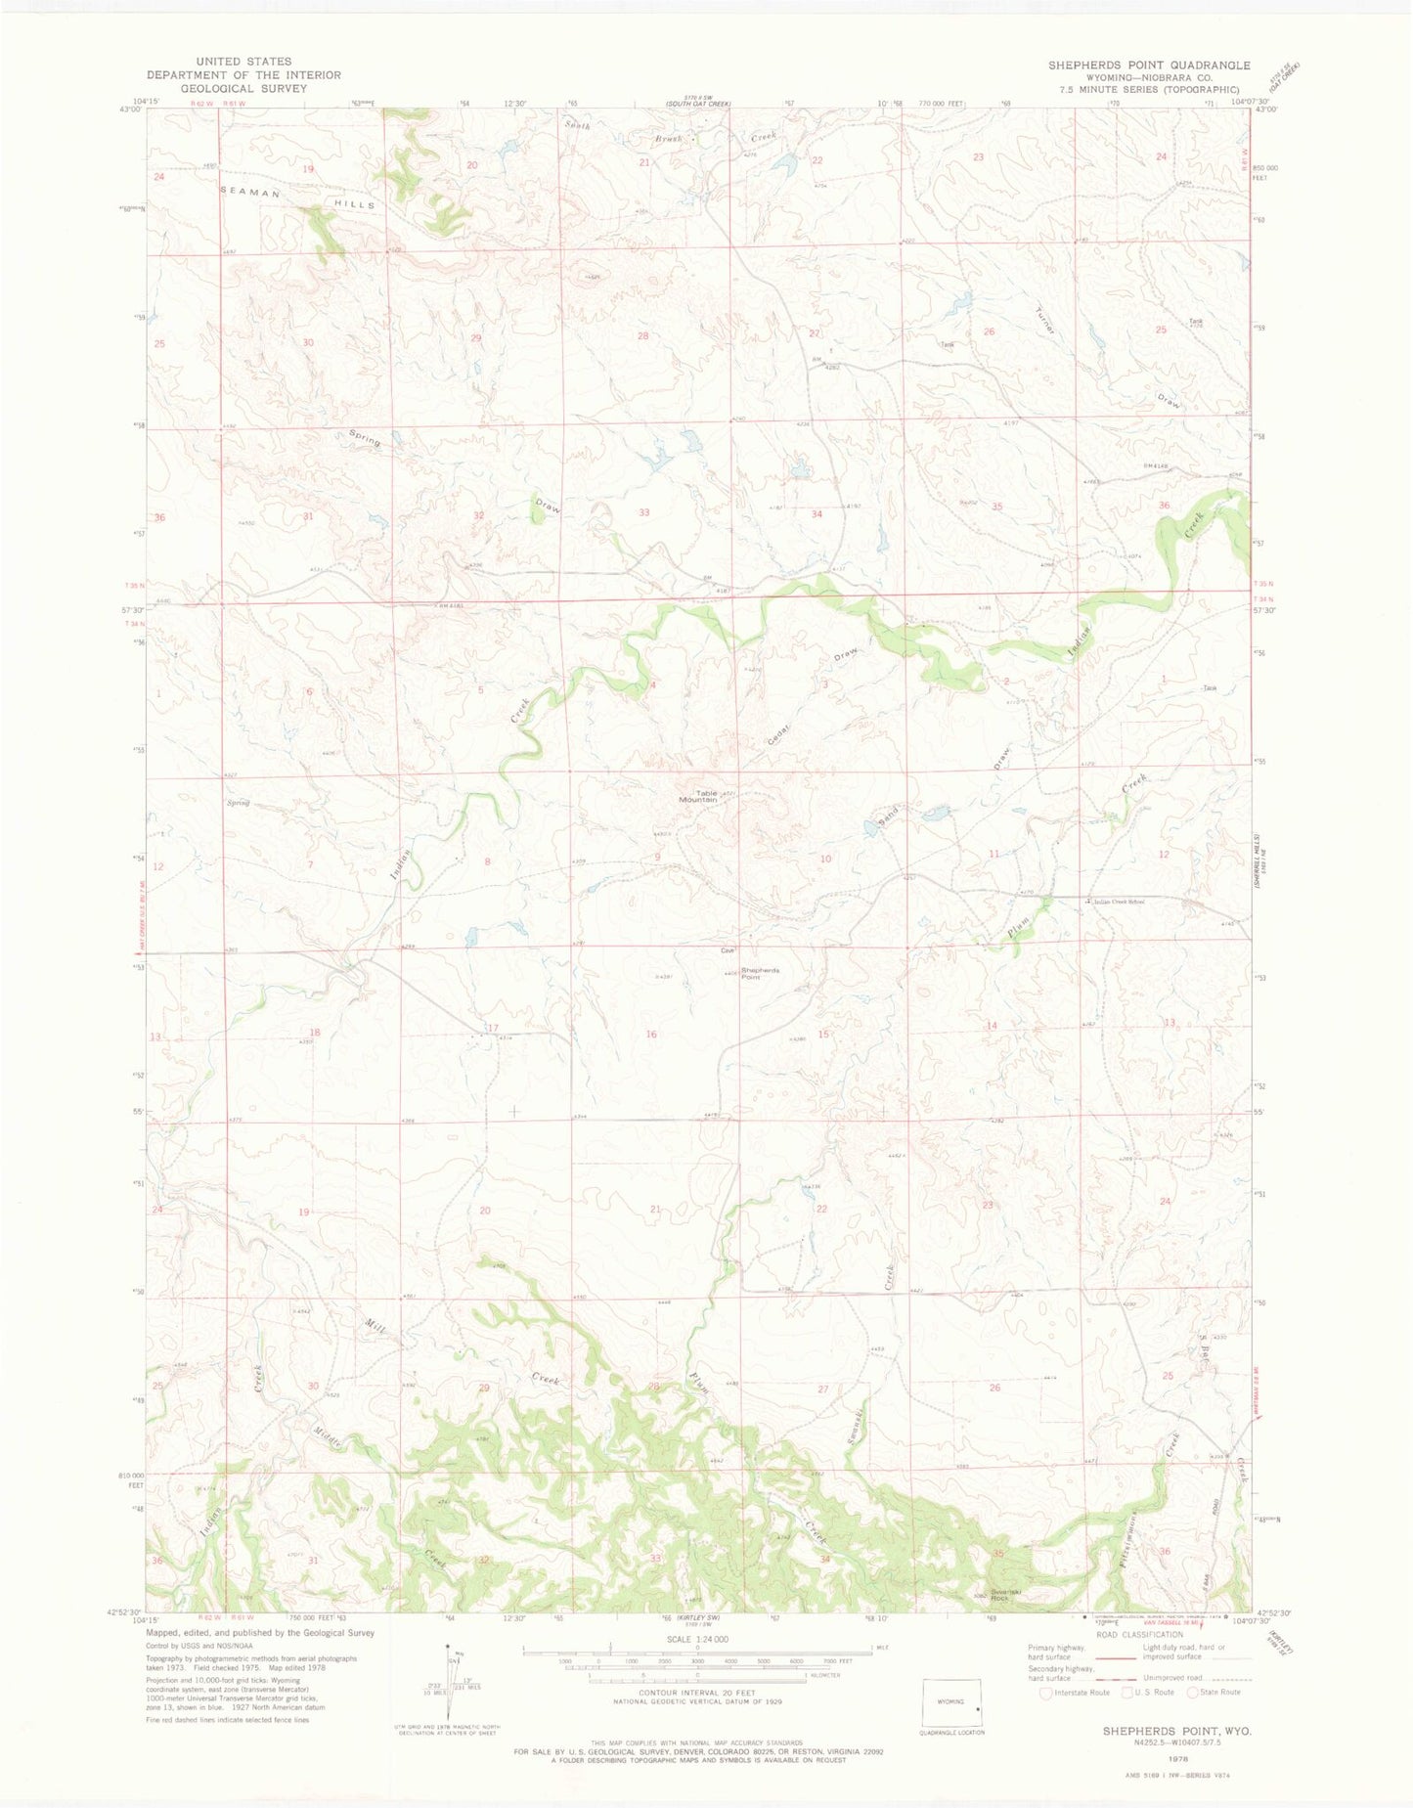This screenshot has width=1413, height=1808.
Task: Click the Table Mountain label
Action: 706,796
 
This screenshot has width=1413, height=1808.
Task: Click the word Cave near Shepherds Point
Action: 727,949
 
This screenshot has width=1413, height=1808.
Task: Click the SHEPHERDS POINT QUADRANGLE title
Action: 1148,66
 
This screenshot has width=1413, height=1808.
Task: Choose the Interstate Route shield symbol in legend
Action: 1046,1692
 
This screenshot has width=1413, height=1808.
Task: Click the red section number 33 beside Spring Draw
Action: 643,512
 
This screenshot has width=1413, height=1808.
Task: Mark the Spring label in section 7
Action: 239,803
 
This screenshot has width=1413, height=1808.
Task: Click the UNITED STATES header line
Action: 243,62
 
